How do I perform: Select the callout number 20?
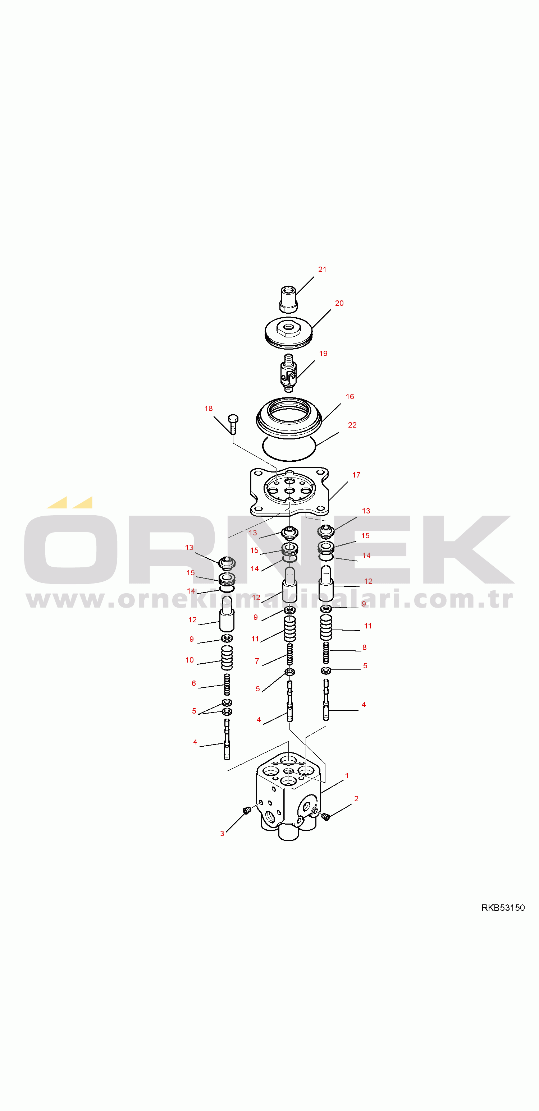[x=339, y=303]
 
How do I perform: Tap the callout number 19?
[x=323, y=354]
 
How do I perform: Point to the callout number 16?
[x=350, y=396]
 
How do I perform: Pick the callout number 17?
[x=356, y=475]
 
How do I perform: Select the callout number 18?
[x=209, y=409]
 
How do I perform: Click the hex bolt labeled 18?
[x=233, y=424]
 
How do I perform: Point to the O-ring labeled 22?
[x=289, y=448]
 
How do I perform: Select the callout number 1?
[x=347, y=776]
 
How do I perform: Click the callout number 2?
[x=356, y=799]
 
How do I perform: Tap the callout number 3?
[x=222, y=834]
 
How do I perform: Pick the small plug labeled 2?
[x=326, y=816]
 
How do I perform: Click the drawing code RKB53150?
[x=503, y=908]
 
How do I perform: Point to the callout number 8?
[x=364, y=647]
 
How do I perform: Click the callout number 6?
[x=193, y=683]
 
